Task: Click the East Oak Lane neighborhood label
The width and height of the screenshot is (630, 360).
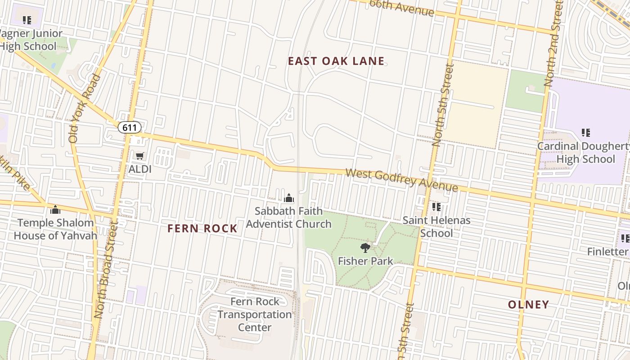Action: [336, 61]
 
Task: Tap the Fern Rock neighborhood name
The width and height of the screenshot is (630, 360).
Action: [202, 229]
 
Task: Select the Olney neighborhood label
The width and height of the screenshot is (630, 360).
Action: [528, 305]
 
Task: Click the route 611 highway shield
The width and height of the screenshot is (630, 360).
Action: [130, 127]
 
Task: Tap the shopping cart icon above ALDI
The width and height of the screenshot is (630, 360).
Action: [140, 156]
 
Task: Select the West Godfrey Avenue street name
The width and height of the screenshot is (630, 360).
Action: [401, 180]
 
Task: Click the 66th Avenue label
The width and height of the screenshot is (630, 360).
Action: [401, 8]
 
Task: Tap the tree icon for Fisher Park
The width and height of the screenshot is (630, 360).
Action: [365, 247]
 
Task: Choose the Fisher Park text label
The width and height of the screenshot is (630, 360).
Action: [365, 261]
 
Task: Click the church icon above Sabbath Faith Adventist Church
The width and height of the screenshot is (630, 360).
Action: [289, 198]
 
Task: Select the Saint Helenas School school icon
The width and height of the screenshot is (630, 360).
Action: [436, 207]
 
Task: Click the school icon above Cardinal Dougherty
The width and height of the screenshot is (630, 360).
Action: [585, 133]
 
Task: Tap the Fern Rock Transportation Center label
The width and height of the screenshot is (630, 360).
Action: [255, 314]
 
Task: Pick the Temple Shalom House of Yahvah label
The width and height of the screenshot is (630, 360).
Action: [55, 229]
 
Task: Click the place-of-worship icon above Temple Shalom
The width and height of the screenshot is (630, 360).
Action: [55, 209]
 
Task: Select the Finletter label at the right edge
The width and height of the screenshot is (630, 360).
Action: [607, 252]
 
